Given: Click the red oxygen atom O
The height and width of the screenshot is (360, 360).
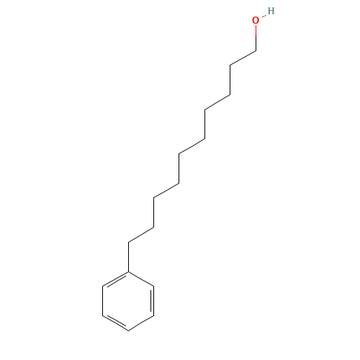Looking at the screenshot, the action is pos(256,20).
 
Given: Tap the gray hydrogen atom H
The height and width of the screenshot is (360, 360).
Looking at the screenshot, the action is pos(271,11).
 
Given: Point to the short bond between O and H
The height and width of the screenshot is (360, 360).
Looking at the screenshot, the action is pos(264,17).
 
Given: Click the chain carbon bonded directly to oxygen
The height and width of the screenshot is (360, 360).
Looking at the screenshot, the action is pos(256,50).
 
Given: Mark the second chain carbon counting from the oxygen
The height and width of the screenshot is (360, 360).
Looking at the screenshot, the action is pos(230,65).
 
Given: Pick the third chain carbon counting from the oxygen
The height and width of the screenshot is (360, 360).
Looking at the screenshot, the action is pos(230,95).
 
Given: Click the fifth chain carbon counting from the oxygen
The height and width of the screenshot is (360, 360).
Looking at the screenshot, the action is pos(204,139).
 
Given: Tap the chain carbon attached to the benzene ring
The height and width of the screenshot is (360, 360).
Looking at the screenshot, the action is pos(128,243).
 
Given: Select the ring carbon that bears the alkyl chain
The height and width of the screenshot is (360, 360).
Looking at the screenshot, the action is pos(128,271).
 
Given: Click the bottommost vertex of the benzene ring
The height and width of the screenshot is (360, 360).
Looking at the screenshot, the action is pos(128,330).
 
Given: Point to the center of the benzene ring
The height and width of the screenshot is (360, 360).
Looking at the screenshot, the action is pos(128,301).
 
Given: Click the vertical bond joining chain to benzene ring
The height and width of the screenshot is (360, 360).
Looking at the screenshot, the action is pos(128,257).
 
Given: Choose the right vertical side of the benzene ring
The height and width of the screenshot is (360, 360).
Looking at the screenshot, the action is pos(153,301).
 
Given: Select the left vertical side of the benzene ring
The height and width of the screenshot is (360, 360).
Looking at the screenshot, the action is pos(103,301).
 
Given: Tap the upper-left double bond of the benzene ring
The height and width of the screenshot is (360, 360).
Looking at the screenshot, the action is pos(116,279).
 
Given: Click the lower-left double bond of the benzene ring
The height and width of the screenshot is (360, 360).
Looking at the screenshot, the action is pos(116,323).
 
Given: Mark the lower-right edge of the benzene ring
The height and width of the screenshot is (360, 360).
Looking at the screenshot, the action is pos(141,323).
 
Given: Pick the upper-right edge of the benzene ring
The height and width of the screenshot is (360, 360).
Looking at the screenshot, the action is pos(141,279).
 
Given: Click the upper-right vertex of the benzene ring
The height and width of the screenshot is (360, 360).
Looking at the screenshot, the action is pos(153,286).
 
